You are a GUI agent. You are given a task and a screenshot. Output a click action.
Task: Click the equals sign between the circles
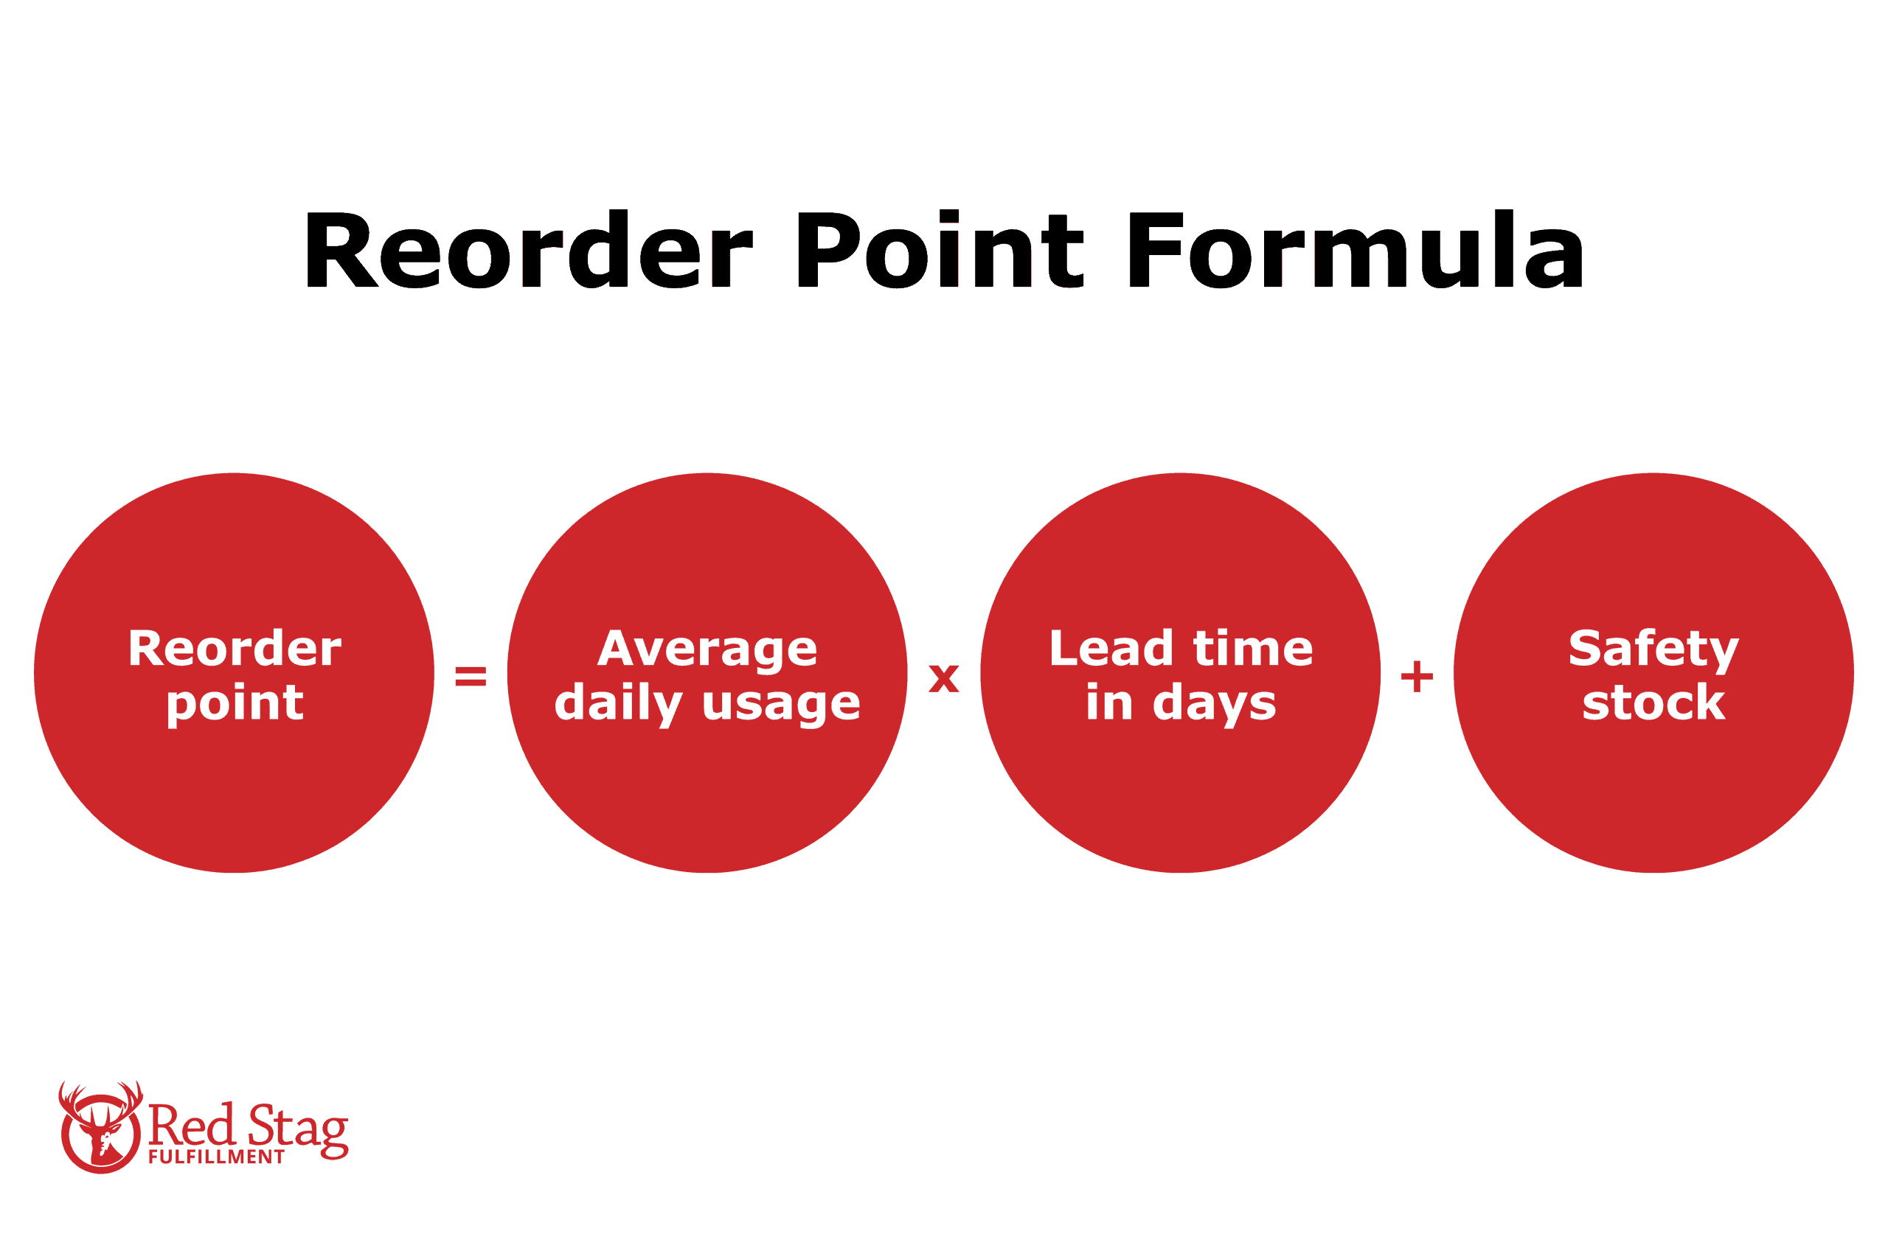tap(471, 677)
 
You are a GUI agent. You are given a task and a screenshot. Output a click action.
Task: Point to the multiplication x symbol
tap(943, 679)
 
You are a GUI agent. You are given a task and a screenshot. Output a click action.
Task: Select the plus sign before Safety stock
tap(1417, 677)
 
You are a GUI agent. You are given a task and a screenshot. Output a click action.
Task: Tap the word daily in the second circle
tap(618, 703)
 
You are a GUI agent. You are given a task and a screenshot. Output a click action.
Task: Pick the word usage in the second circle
tap(780, 703)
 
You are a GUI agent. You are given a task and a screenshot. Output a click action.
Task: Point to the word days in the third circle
tap(1215, 703)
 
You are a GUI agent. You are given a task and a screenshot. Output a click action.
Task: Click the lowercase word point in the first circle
tap(235, 703)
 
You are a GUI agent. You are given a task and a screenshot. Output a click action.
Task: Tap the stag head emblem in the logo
tap(101, 1126)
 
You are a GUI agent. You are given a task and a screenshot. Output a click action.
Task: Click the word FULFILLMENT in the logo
tap(216, 1157)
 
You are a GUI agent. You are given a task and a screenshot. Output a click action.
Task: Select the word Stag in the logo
tap(298, 1127)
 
